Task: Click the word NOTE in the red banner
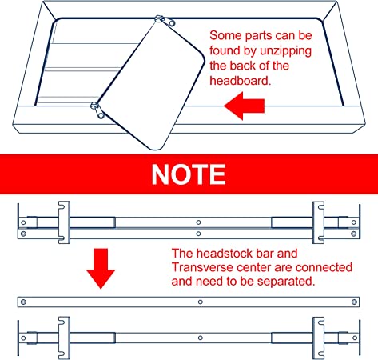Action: [x=189, y=174]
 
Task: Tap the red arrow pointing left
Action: [x=245, y=106]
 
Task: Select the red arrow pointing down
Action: [x=101, y=269]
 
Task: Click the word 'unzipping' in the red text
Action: [x=285, y=51]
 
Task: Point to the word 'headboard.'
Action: [x=240, y=80]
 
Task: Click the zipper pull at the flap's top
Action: [x=165, y=21]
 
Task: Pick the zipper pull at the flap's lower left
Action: [x=97, y=110]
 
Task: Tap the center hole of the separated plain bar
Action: [x=201, y=302]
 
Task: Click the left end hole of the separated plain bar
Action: [x=23, y=302]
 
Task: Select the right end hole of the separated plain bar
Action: [x=354, y=302]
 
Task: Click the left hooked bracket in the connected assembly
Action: [x=64, y=222]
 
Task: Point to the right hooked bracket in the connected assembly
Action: [x=318, y=222]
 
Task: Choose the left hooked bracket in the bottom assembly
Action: [x=64, y=338]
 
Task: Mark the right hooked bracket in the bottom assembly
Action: [x=318, y=338]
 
